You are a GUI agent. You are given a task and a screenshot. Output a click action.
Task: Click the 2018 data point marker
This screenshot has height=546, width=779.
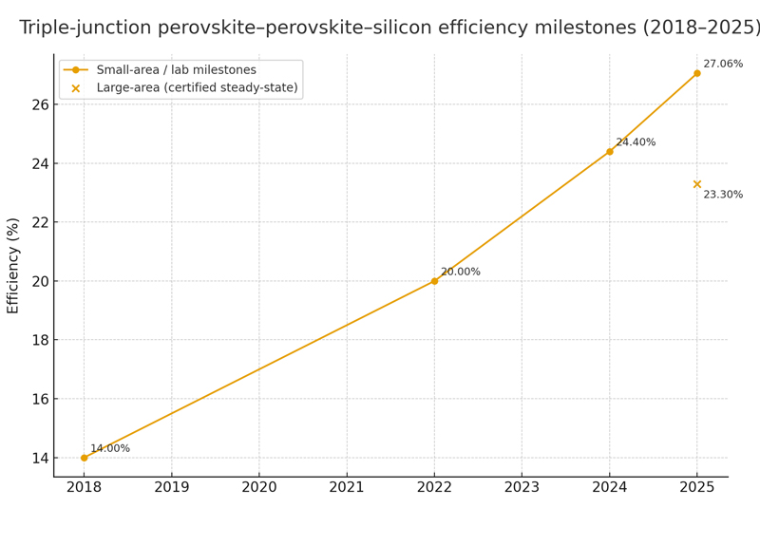(x=84, y=458)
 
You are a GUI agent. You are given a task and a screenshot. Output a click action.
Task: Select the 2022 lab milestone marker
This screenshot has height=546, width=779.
(x=434, y=281)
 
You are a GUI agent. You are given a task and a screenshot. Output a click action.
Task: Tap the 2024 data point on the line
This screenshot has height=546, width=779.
(x=609, y=152)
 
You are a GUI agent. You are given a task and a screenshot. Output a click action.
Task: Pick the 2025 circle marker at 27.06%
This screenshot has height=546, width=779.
(x=696, y=73)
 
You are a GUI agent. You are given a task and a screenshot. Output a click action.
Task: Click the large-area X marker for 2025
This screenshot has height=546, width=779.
(x=696, y=184)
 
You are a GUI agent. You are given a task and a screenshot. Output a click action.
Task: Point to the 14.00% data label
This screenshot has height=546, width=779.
(x=110, y=448)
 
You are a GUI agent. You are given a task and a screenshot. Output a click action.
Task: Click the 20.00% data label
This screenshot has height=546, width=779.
(x=461, y=272)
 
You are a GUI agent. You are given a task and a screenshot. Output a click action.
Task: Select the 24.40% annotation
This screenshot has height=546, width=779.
(x=636, y=142)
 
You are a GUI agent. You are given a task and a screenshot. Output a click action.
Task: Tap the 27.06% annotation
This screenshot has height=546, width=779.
(x=723, y=64)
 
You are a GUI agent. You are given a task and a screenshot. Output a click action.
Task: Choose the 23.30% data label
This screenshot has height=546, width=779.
(x=723, y=195)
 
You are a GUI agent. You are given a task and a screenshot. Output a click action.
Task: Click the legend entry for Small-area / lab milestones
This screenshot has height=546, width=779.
(x=162, y=70)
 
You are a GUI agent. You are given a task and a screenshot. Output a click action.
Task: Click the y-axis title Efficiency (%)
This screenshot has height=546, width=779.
(x=13, y=266)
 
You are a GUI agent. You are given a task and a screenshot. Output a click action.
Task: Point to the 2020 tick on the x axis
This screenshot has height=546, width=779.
(x=258, y=488)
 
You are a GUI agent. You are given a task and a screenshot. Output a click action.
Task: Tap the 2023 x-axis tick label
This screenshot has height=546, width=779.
(x=522, y=488)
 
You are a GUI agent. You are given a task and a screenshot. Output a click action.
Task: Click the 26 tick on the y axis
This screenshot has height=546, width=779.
(x=39, y=104)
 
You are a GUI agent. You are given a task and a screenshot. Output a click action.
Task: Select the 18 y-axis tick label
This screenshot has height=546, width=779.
(x=39, y=340)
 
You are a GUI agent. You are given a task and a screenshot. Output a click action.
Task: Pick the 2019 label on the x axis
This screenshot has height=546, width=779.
(x=171, y=488)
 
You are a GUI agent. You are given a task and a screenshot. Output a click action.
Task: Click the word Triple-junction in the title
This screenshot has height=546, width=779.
(x=85, y=28)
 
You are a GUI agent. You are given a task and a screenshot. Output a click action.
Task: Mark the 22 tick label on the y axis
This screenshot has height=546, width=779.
(x=39, y=222)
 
